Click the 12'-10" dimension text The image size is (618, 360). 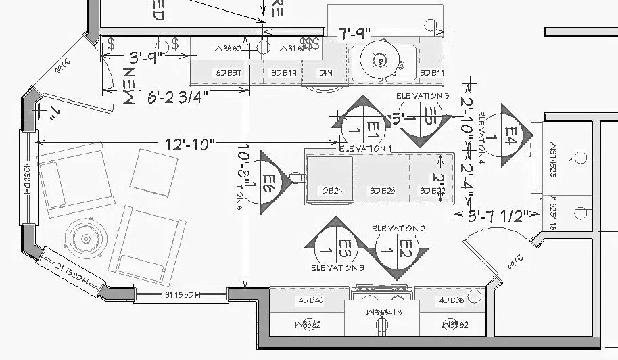coord(189,143)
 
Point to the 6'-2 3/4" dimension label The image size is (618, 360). coord(178,97)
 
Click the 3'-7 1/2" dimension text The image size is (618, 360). coord(498,216)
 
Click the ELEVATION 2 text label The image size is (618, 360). coord(398,229)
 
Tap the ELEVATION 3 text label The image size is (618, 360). coord(337,269)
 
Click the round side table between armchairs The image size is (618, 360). coord(85,237)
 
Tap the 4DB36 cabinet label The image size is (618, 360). coord(451,300)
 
